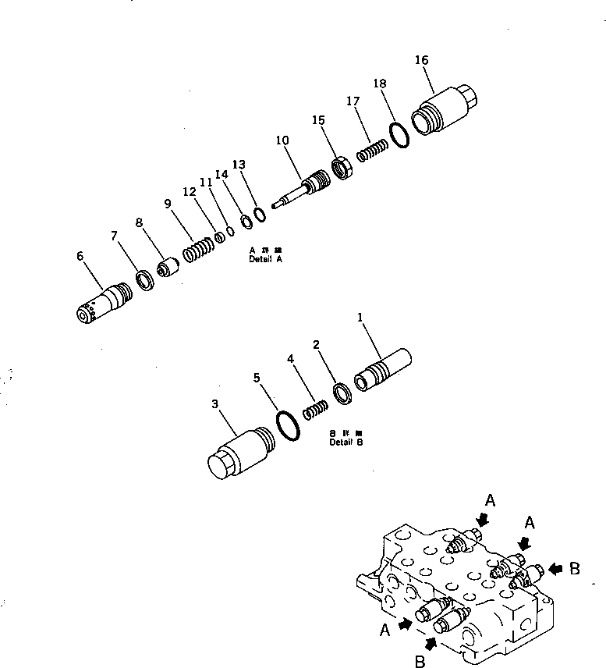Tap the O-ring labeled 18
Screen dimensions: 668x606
(x=399, y=133)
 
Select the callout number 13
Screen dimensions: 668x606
(x=239, y=165)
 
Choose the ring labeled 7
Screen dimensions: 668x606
(x=145, y=279)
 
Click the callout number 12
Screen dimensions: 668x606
(x=189, y=191)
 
